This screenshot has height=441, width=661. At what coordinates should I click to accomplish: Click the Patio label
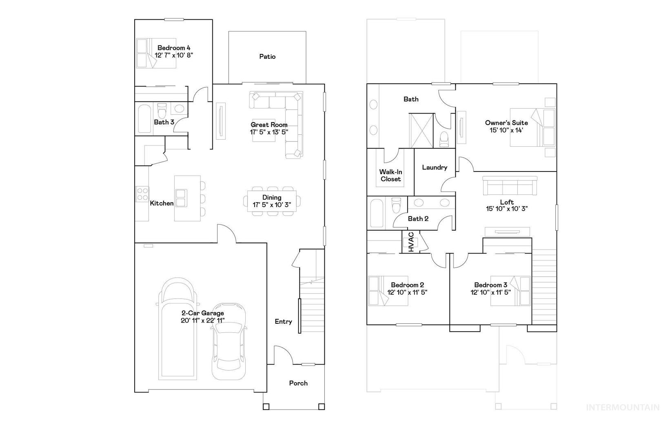click(267, 57)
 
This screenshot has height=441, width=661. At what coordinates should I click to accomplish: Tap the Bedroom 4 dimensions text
click(174, 55)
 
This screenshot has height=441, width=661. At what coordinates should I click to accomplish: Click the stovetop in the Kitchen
click(142, 193)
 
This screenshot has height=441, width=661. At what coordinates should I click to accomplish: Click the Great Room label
click(269, 125)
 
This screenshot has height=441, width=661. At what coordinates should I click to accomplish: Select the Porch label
click(298, 383)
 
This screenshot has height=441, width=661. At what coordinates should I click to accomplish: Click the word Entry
click(283, 322)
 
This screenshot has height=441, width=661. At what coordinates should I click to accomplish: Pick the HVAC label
click(411, 242)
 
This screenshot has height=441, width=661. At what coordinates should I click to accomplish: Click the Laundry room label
click(435, 167)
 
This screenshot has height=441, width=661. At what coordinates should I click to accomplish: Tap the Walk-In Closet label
click(390, 176)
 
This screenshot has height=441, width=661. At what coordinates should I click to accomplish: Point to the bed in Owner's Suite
click(532, 127)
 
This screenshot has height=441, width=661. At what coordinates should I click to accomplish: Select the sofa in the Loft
click(510, 185)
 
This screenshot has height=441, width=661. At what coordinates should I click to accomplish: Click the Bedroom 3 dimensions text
click(490, 292)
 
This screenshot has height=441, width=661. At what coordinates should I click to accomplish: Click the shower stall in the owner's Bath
click(421, 131)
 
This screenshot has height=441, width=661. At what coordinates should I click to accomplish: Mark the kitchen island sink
click(180, 198)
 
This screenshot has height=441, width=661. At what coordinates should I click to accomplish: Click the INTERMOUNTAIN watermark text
click(623, 407)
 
